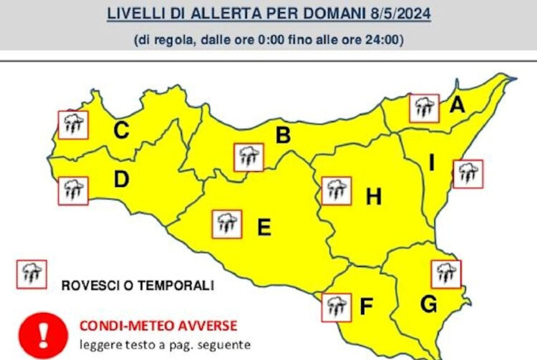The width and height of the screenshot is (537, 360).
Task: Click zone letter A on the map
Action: (457, 106)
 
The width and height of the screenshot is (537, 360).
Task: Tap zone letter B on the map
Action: (283, 135)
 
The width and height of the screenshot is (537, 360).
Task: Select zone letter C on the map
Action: (122, 130)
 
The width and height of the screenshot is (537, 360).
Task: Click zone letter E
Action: (263, 228)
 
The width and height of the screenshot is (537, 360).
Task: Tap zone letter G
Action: (428, 304)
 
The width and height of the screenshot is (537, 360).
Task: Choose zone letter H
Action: (373, 197)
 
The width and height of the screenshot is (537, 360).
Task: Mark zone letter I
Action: (432, 164)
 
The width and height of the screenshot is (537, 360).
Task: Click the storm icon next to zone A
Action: (424, 108)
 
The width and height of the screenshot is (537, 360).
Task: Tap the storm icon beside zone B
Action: (248, 157)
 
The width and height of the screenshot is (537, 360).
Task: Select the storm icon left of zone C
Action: (72, 125)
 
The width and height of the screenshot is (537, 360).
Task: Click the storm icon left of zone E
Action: (227, 224)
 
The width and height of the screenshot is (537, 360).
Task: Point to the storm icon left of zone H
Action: (336, 190)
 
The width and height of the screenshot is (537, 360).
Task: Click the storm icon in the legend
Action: (32, 274)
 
